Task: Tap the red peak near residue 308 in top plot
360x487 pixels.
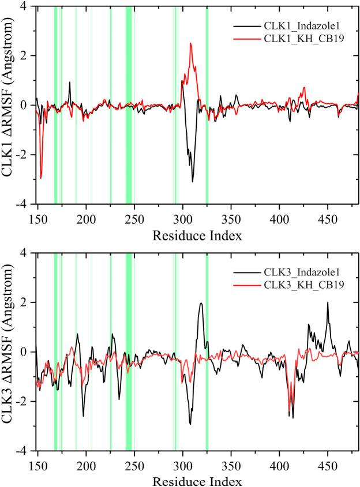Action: (190, 44)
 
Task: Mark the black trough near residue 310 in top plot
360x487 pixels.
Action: (193, 181)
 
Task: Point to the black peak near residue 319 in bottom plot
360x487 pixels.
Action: (201, 304)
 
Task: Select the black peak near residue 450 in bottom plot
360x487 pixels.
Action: (328, 303)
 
